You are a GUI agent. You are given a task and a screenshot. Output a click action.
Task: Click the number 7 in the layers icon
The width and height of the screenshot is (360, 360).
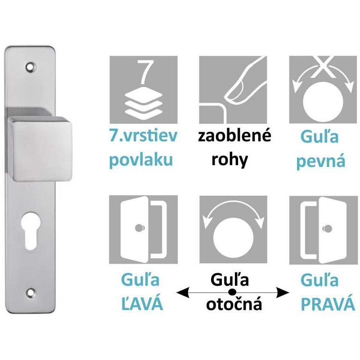144,72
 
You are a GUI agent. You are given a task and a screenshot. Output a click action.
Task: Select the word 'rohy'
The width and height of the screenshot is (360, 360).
229,160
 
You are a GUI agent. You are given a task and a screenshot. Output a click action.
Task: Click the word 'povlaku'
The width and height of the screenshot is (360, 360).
141,160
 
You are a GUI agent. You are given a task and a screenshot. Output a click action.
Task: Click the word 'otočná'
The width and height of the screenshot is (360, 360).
234,305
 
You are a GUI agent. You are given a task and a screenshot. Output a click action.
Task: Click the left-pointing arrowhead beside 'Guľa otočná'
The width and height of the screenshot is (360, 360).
181,293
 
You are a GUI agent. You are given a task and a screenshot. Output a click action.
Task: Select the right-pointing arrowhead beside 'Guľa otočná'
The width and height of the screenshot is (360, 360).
283,293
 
